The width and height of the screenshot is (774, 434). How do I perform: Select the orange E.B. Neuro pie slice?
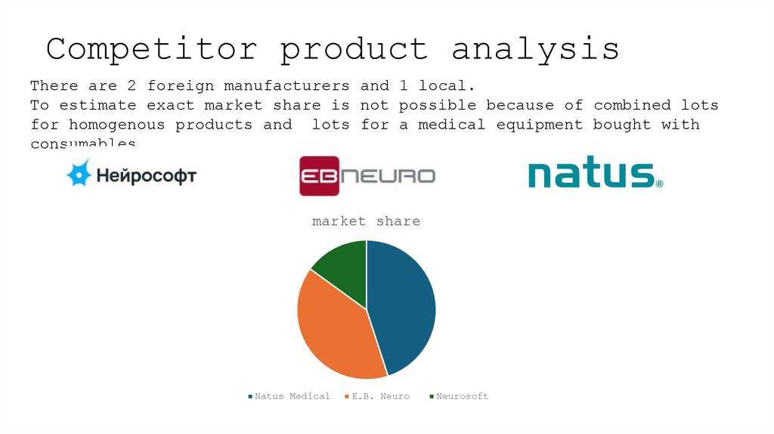click(333, 325)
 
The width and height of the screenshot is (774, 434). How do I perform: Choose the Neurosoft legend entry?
click(458, 396)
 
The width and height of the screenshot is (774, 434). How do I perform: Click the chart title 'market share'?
click(366, 222)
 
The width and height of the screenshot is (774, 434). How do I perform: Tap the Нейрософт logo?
click(132, 176)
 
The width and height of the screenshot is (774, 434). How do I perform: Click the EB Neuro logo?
click(367, 176)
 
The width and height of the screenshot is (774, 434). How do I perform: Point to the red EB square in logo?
click(318, 176)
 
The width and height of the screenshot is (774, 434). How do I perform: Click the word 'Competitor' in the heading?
click(151, 49)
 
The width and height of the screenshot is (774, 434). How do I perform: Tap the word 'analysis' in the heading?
click(535, 49)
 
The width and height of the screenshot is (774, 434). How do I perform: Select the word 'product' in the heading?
click(354, 49)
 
